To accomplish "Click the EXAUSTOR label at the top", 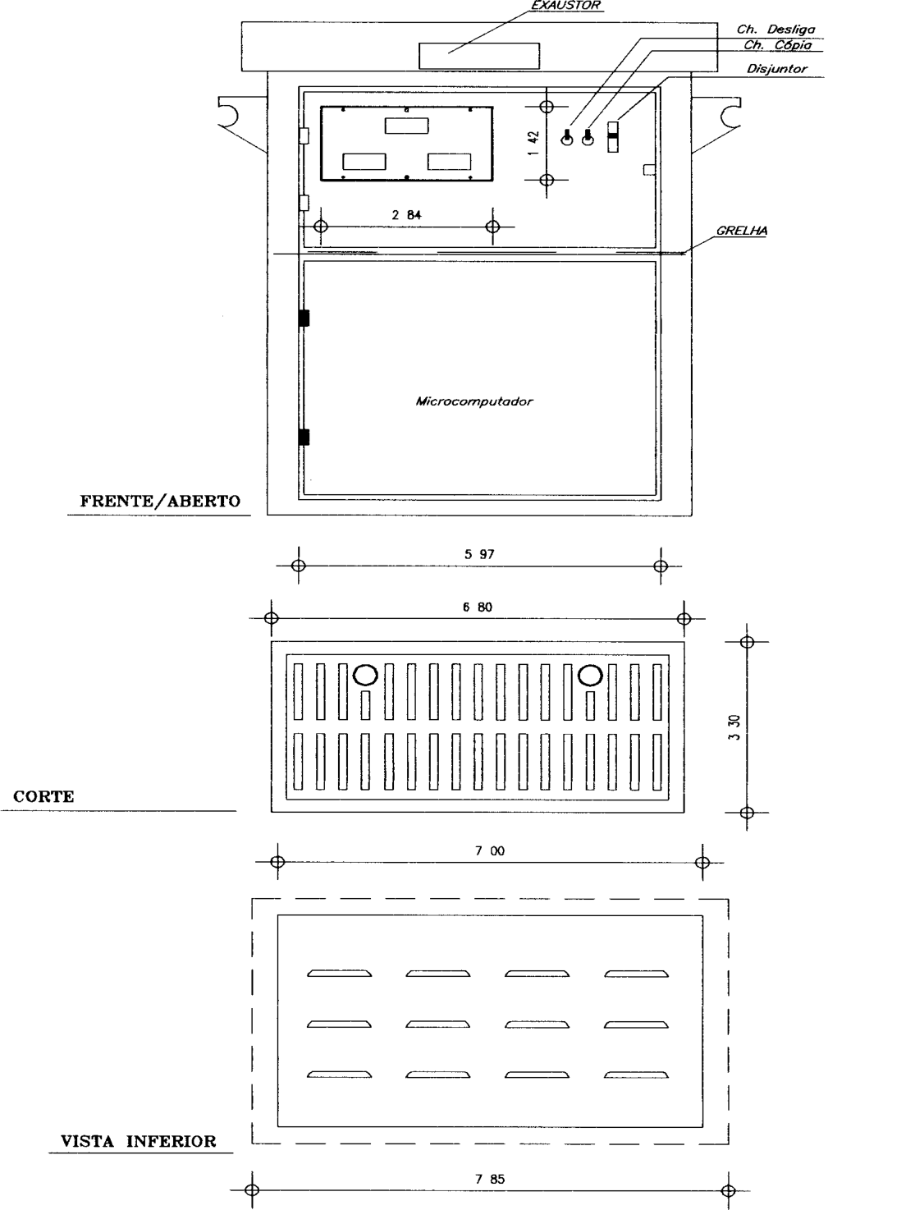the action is click(565, 6).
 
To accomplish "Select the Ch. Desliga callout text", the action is click(775, 30).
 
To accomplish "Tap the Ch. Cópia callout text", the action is click(777, 44).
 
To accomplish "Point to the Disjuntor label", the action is click(777, 69).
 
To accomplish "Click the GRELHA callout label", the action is click(742, 231).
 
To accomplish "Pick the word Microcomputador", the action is click(474, 401).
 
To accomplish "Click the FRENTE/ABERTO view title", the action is click(160, 501).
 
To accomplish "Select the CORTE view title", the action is click(43, 796).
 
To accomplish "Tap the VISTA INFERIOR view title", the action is click(138, 1141).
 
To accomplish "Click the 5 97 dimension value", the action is click(479, 554).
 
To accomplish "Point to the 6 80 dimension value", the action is click(478, 607).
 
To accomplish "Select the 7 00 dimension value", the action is click(490, 850).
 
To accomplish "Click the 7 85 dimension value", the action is click(490, 1179).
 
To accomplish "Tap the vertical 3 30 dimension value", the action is click(734, 727).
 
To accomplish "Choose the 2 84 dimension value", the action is click(406, 215).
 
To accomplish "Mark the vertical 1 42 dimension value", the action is click(533, 143).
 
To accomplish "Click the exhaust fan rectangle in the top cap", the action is click(478, 56).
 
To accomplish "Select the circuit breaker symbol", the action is click(612, 137).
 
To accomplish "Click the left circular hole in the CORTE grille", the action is click(365, 675).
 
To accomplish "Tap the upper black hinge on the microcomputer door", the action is click(304, 318).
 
